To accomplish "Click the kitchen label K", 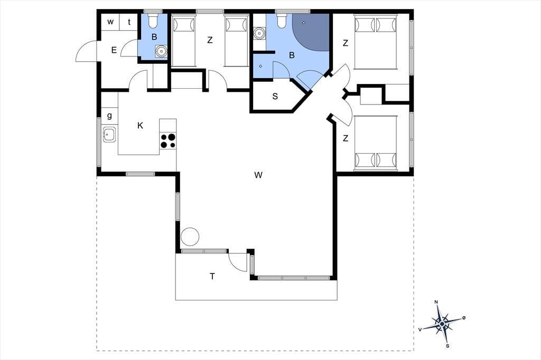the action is [x=140, y=126].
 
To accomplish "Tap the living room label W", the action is [x=258, y=175].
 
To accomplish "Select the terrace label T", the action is [x=212, y=276].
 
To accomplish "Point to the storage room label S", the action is [x=275, y=96].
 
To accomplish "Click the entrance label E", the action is [x=114, y=50].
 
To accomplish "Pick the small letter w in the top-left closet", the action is [x=110, y=22].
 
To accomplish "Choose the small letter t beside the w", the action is [x=129, y=22].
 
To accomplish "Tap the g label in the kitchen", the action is [x=110, y=116].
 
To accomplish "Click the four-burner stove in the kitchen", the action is [x=168, y=141].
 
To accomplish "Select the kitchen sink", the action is [x=109, y=134].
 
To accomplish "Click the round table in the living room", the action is [x=190, y=236].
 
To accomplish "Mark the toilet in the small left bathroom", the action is [x=153, y=21].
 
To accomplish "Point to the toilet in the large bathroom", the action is [x=282, y=21].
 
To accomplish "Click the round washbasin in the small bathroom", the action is [x=161, y=51].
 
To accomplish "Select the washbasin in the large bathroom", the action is [x=258, y=34].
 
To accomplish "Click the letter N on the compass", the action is [x=436, y=302].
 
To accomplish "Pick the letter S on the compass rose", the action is [x=447, y=346].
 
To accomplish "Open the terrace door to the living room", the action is [x=238, y=262].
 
